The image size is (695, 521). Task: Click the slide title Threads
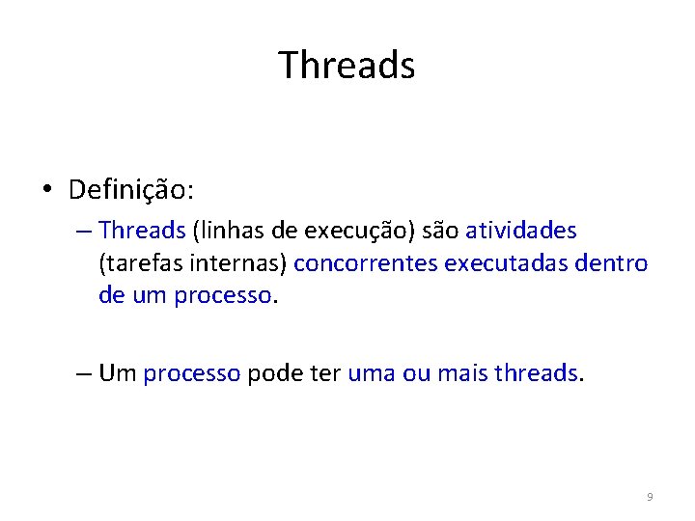(x=347, y=66)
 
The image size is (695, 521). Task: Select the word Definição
(x=128, y=190)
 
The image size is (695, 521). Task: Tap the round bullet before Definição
(x=46, y=190)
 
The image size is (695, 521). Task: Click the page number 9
(x=650, y=497)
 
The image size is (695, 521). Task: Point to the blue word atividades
(x=520, y=231)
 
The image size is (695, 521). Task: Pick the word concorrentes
(x=366, y=263)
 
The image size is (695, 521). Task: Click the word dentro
(x=612, y=263)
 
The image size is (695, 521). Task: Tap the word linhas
(x=233, y=231)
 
